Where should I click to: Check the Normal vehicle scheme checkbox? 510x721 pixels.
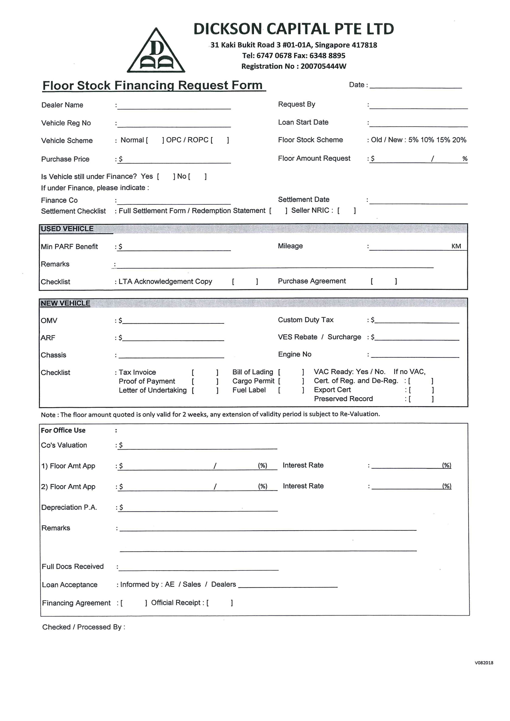click(155, 140)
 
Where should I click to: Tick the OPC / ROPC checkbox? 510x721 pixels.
click(220, 140)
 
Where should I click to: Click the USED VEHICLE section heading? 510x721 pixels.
click(67, 229)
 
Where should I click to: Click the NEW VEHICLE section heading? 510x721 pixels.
click(65, 303)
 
